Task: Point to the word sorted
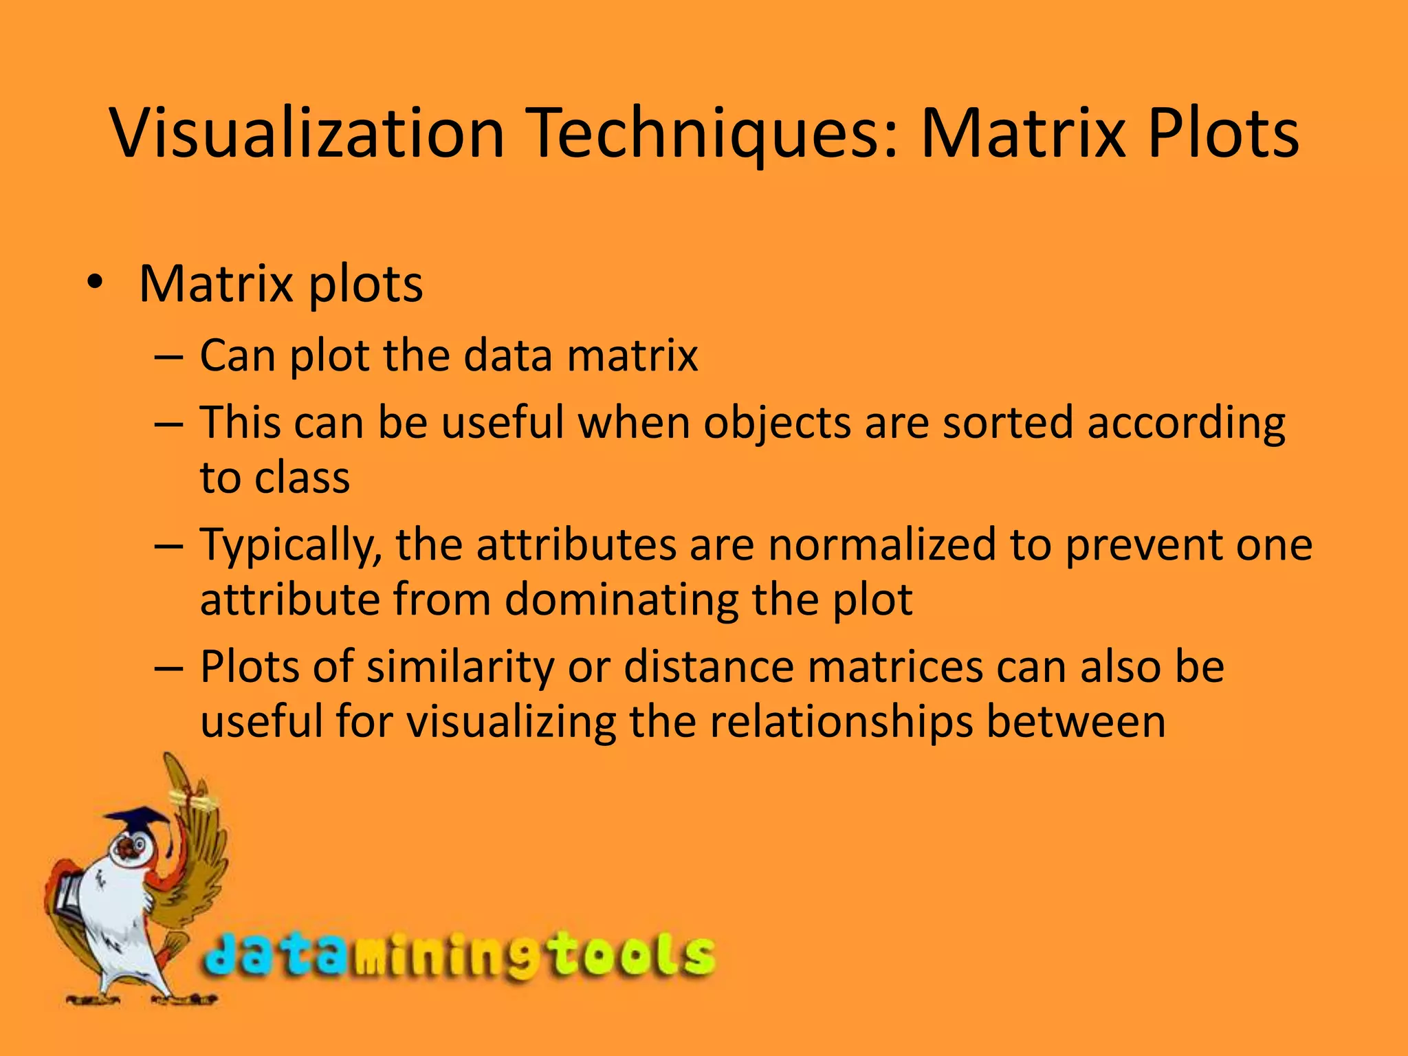1007,422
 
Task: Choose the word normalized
882,544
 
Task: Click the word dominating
621,599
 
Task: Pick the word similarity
461,668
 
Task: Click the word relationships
841,722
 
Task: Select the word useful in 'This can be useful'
503,422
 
